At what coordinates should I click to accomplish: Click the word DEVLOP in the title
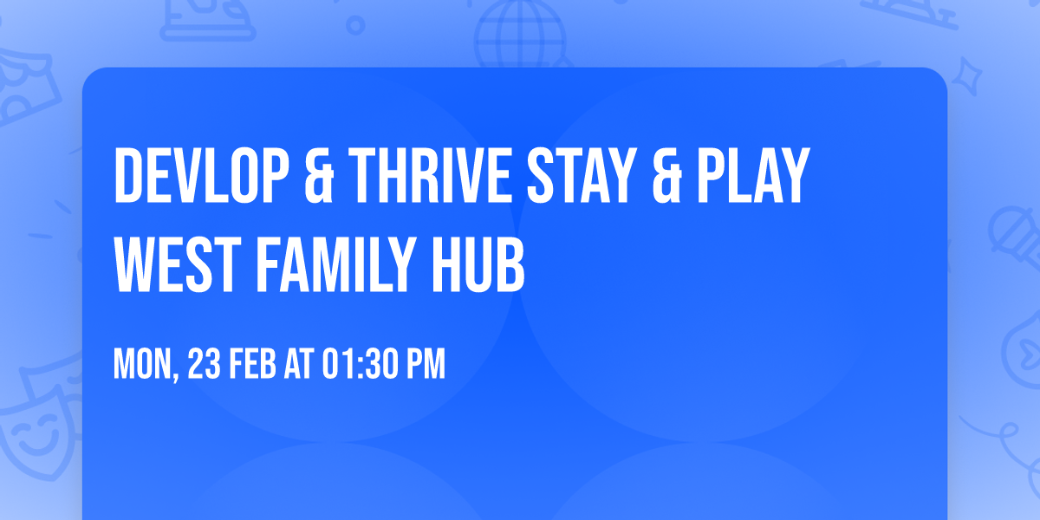pos(201,175)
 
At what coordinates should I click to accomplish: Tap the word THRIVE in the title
pos(431,175)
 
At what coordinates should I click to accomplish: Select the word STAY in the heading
pos(582,175)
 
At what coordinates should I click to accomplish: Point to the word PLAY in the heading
pos(753,175)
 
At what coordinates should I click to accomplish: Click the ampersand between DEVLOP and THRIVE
pos(319,175)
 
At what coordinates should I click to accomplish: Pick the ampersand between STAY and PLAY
pos(667,175)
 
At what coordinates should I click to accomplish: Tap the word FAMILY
pos(335,264)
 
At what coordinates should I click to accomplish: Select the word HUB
pos(478,264)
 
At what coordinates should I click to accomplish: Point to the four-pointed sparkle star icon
pos(966,76)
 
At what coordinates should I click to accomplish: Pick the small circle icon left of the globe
pos(355,25)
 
